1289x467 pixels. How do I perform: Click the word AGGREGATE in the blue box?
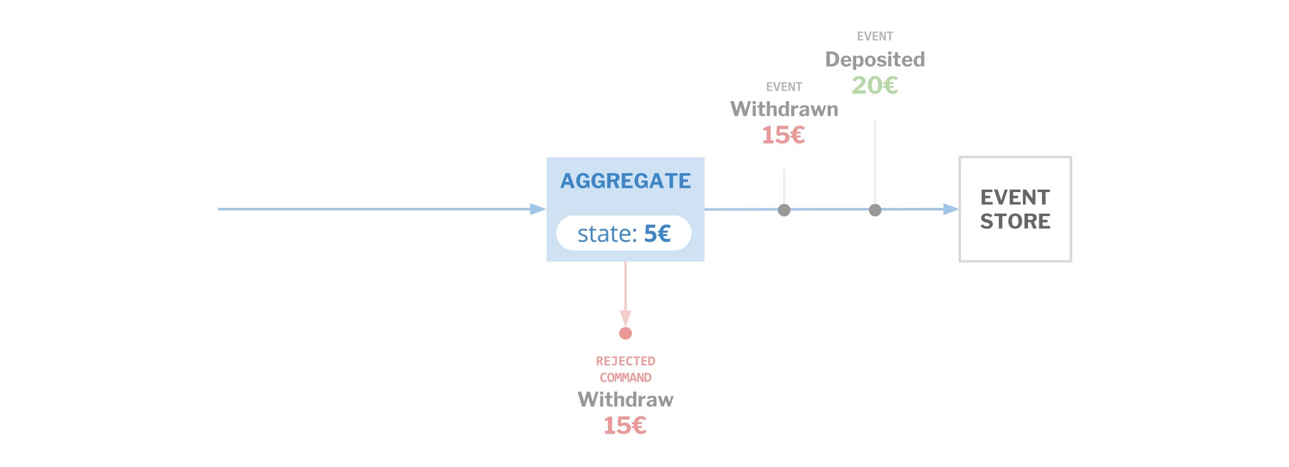click(x=626, y=181)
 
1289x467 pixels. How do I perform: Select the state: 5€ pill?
click(x=624, y=233)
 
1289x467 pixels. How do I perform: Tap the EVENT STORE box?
click(x=1015, y=209)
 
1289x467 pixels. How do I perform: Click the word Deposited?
click(x=875, y=59)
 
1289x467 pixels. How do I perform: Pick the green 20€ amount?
click(x=874, y=85)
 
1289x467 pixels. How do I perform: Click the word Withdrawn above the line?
click(x=784, y=109)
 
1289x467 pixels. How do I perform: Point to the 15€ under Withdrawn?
click(x=784, y=135)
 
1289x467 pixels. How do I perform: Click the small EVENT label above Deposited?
click(x=875, y=37)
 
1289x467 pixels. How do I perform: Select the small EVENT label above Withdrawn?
click(x=784, y=87)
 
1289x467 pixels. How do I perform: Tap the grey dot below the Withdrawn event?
click(x=784, y=210)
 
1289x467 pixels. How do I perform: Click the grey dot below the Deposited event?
click(x=875, y=210)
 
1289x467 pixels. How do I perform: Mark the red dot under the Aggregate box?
click(x=626, y=333)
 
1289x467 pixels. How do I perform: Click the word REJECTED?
click(x=626, y=361)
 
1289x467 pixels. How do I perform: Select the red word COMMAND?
click(x=626, y=378)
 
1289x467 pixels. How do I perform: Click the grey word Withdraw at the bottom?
click(x=626, y=399)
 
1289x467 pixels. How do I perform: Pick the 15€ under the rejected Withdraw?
click(x=625, y=426)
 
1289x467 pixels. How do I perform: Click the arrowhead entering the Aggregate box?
click(x=538, y=209)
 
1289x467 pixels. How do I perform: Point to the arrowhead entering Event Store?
click(x=951, y=209)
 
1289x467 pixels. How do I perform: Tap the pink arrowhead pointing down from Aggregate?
click(x=626, y=318)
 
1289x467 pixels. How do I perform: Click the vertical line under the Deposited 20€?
click(x=875, y=161)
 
